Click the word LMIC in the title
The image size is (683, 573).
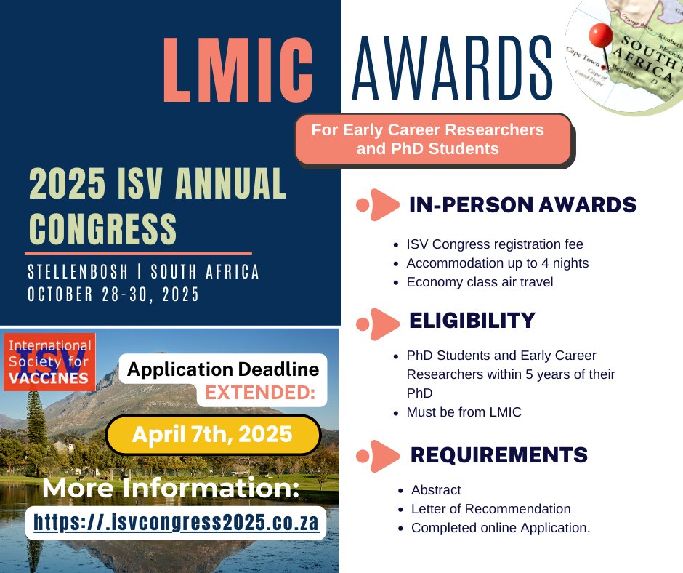point(238,70)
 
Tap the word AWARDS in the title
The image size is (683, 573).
point(452,68)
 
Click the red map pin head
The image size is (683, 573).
point(601,35)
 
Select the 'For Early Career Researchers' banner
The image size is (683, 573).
point(433,139)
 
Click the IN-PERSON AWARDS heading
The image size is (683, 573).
point(522,204)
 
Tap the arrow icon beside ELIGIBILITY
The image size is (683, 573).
point(378,324)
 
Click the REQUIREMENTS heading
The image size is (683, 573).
point(499,454)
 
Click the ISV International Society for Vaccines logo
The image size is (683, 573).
point(49,362)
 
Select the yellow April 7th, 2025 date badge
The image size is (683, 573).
point(213,435)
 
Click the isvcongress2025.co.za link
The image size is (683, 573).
point(176,522)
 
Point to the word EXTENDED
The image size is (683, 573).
point(260,393)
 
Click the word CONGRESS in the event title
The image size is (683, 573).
point(102,228)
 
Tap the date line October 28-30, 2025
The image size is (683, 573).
point(113,294)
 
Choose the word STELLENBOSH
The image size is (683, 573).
point(78,272)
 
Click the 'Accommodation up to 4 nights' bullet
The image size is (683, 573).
point(498,263)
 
